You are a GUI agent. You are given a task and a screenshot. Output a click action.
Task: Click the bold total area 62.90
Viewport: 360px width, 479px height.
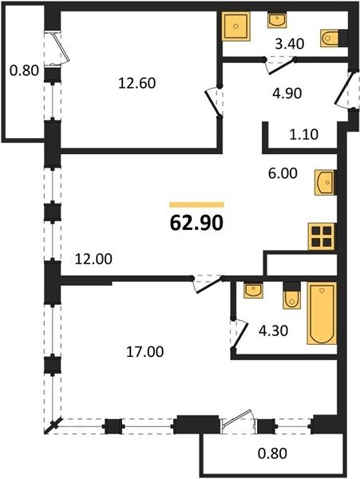(x=196, y=224)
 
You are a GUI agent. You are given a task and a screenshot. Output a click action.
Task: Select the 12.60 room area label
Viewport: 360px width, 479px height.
(x=137, y=83)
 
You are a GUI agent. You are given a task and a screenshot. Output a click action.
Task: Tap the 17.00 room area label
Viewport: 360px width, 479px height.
(x=145, y=351)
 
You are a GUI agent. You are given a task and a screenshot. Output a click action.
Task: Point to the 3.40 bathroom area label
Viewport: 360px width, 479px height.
(x=290, y=44)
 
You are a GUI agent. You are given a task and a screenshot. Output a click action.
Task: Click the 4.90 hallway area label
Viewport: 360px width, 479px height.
(x=287, y=93)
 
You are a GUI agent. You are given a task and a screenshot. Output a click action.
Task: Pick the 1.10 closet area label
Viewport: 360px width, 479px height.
(x=304, y=134)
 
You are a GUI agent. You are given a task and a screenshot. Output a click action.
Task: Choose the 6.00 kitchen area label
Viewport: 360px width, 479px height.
(x=283, y=173)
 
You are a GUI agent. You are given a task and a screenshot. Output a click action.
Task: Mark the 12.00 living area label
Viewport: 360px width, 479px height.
(x=93, y=259)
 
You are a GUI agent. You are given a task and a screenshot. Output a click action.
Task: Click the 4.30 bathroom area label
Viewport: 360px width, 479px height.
(x=273, y=331)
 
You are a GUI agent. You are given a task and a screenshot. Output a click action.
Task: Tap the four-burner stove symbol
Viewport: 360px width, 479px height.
(x=322, y=236)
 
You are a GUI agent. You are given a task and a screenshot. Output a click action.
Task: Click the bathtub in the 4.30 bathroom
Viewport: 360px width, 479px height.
(x=322, y=314)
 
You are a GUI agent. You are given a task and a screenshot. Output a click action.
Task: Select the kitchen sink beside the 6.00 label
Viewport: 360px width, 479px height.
(x=325, y=182)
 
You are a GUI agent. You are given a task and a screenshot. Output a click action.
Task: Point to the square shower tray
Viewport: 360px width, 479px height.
(x=235, y=26)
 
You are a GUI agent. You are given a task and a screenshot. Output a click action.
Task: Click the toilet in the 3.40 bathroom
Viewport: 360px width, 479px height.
(x=330, y=38)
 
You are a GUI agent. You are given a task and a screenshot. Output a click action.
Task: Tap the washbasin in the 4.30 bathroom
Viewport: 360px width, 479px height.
(x=253, y=290)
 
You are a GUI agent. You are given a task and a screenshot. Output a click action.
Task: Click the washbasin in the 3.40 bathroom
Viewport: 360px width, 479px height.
(x=277, y=20)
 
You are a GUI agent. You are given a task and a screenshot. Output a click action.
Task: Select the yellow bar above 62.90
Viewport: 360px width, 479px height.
(x=196, y=204)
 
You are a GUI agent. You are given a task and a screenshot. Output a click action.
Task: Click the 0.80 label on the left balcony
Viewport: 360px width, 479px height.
(x=25, y=71)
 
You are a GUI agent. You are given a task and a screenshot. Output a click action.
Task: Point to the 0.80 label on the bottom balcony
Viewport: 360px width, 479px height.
(x=272, y=453)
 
